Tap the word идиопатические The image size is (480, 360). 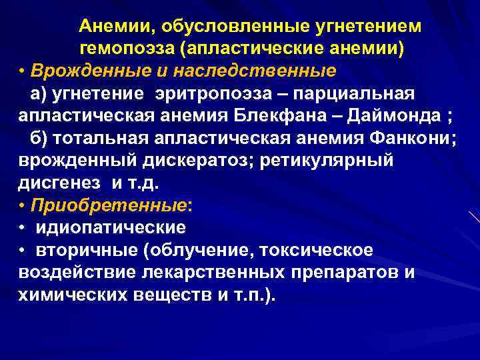[x=110, y=227]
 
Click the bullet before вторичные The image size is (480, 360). [x=22, y=249]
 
